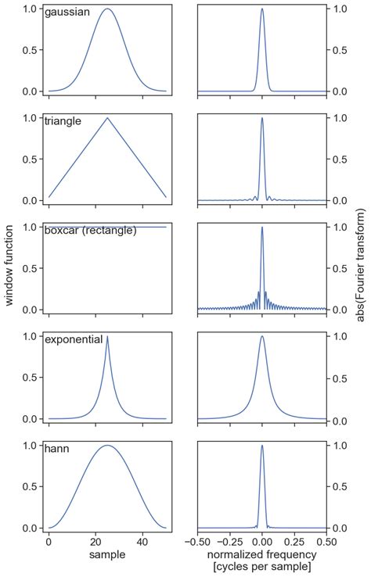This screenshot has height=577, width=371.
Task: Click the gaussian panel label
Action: tap(67, 13)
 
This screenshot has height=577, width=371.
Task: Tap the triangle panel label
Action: tap(63, 121)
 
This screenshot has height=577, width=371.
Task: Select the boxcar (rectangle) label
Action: tap(90, 231)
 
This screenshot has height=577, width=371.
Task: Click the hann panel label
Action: tap(56, 450)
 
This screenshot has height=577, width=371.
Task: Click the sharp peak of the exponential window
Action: tap(107, 337)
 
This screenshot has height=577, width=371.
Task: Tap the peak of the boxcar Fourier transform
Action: tap(261, 228)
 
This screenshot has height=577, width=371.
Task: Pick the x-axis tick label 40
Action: tap(142, 541)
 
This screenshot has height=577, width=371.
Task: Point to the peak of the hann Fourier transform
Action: tap(261, 446)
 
